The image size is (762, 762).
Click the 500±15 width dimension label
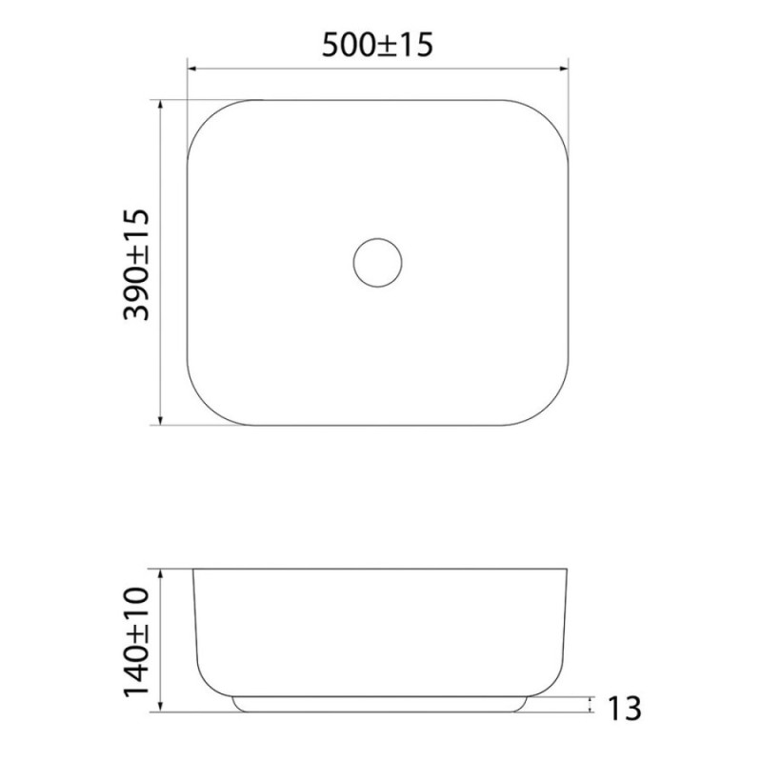(x=377, y=45)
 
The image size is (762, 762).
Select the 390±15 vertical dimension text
(x=136, y=265)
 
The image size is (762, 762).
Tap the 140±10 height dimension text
(x=136, y=642)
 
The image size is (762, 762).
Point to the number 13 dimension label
(x=625, y=709)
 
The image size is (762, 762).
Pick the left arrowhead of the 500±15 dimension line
(x=191, y=69)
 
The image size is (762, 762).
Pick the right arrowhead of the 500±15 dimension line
(x=564, y=69)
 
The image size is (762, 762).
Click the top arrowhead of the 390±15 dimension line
(x=160, y=105)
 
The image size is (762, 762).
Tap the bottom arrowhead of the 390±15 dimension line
(x=160, y=420)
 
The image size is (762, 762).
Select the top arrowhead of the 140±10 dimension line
(x=161, y=573)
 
